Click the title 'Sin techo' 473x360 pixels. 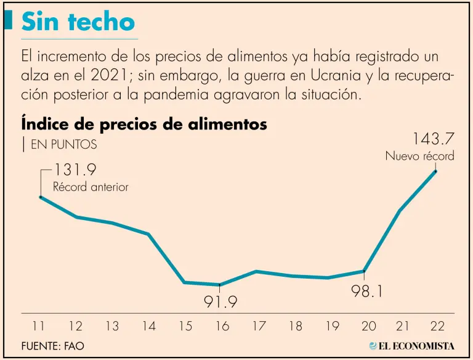[x=78, y=22]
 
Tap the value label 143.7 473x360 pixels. [x=430, y=136]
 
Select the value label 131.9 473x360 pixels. [x=76, y=170]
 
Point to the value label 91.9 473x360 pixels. [x=220, y=303]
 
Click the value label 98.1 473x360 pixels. [x=368, y=291]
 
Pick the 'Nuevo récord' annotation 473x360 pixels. [x=419, y=156]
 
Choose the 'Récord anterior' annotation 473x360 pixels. [x=91, y=187]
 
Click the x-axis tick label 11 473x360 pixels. [x=39, y=326]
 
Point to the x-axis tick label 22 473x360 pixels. [x=437, y=326]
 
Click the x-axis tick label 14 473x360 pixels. [x=148, y=326]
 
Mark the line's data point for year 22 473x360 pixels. [x=436, y=171]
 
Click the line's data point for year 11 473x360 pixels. [x=41, y=197]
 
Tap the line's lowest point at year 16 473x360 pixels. [x=220, y=285]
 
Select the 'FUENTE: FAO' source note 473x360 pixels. [x=53, y=346]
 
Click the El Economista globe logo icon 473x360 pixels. [x=373, y=346]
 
